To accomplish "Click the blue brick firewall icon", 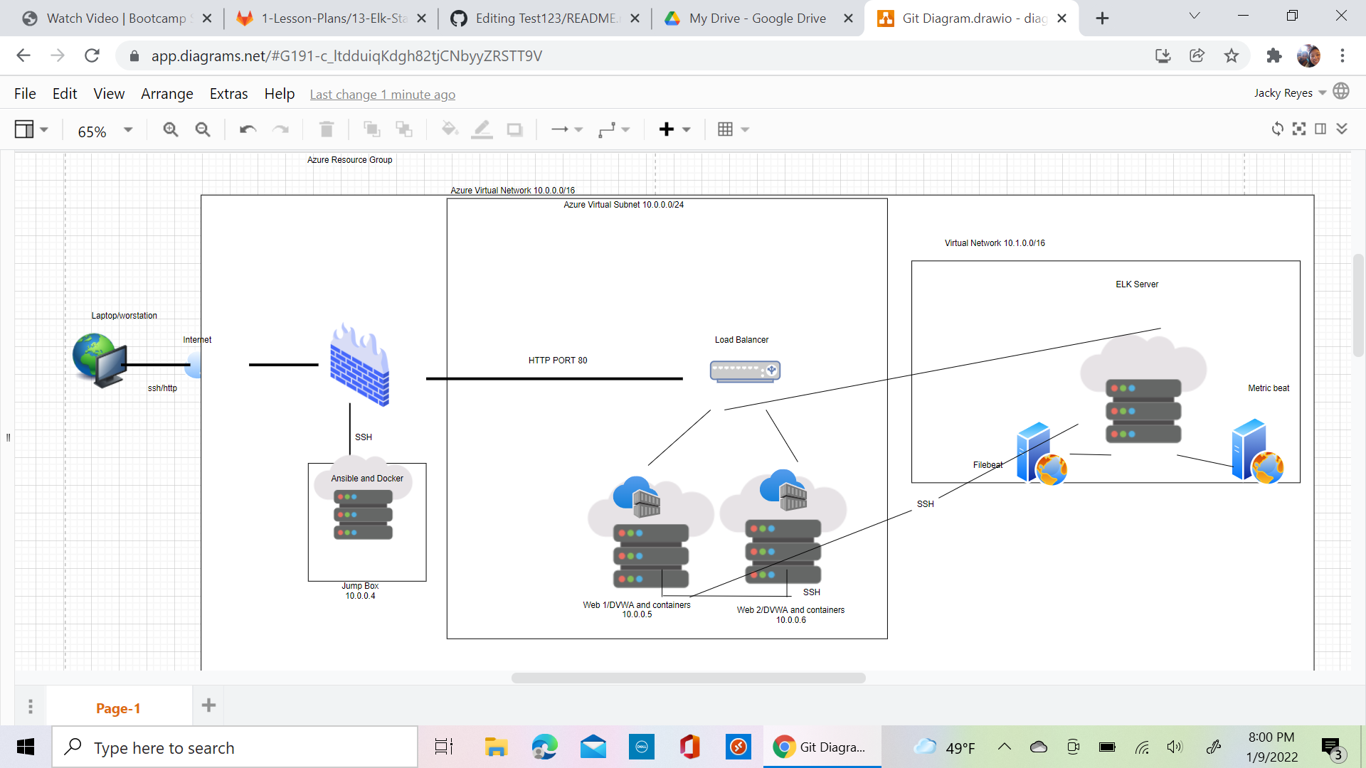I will (359, 366).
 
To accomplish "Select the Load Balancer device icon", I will (745, 370).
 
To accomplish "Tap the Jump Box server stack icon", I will (363, 514).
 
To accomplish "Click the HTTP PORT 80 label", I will (558, 361).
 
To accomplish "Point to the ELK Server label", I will (1136, 284).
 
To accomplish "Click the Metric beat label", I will (1268, 388).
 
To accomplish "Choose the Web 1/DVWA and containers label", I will (636, 605).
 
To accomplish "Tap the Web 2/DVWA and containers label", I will (790, 610).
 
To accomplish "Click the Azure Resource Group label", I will (349, 160).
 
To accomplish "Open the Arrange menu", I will (166, 94).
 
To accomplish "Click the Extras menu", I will (228, 94).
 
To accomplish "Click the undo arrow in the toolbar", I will (248, 129).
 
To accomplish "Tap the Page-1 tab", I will (118, 708).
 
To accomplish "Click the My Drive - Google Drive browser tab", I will (757, 18).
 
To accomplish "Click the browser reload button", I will (92, 55).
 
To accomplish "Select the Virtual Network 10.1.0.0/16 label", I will (994, 243).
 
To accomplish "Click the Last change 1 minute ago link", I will (382, 95).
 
